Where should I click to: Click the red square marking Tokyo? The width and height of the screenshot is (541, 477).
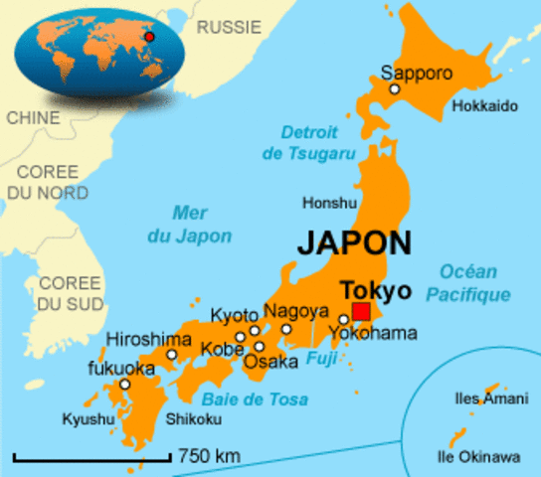tap(361, 312)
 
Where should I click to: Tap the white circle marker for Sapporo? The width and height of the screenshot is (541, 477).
tap(394, 89)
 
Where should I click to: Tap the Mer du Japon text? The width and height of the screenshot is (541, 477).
tap(202, 224)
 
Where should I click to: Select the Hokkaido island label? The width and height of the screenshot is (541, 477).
tap(485, 106)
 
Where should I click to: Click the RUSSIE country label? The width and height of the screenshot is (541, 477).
tap(230, 28)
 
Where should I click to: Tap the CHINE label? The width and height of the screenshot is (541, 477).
tap(33, 117)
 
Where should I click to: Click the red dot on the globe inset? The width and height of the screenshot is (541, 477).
tap(149, 37)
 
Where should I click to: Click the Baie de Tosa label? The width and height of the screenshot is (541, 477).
tap(245, 399)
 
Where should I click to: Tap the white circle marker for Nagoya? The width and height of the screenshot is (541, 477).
tap(286, 329)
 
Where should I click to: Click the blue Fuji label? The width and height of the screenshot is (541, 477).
tap(320, 357)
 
